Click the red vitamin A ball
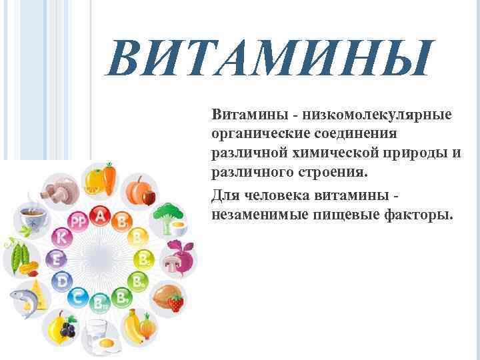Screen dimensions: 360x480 pyautogui.click(x=102, y=215)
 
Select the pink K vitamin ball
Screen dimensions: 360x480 pyautogui.click(x=63, y=237)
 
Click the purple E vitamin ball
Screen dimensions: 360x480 pyautogui.click(x=57, y=259)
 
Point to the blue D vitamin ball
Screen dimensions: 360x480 pyautogui.click(x=63, y=281)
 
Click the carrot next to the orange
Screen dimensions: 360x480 pyautogui.click(x=111, y=179)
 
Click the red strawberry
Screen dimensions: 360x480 pyautogui.click(x=175, y=303)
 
